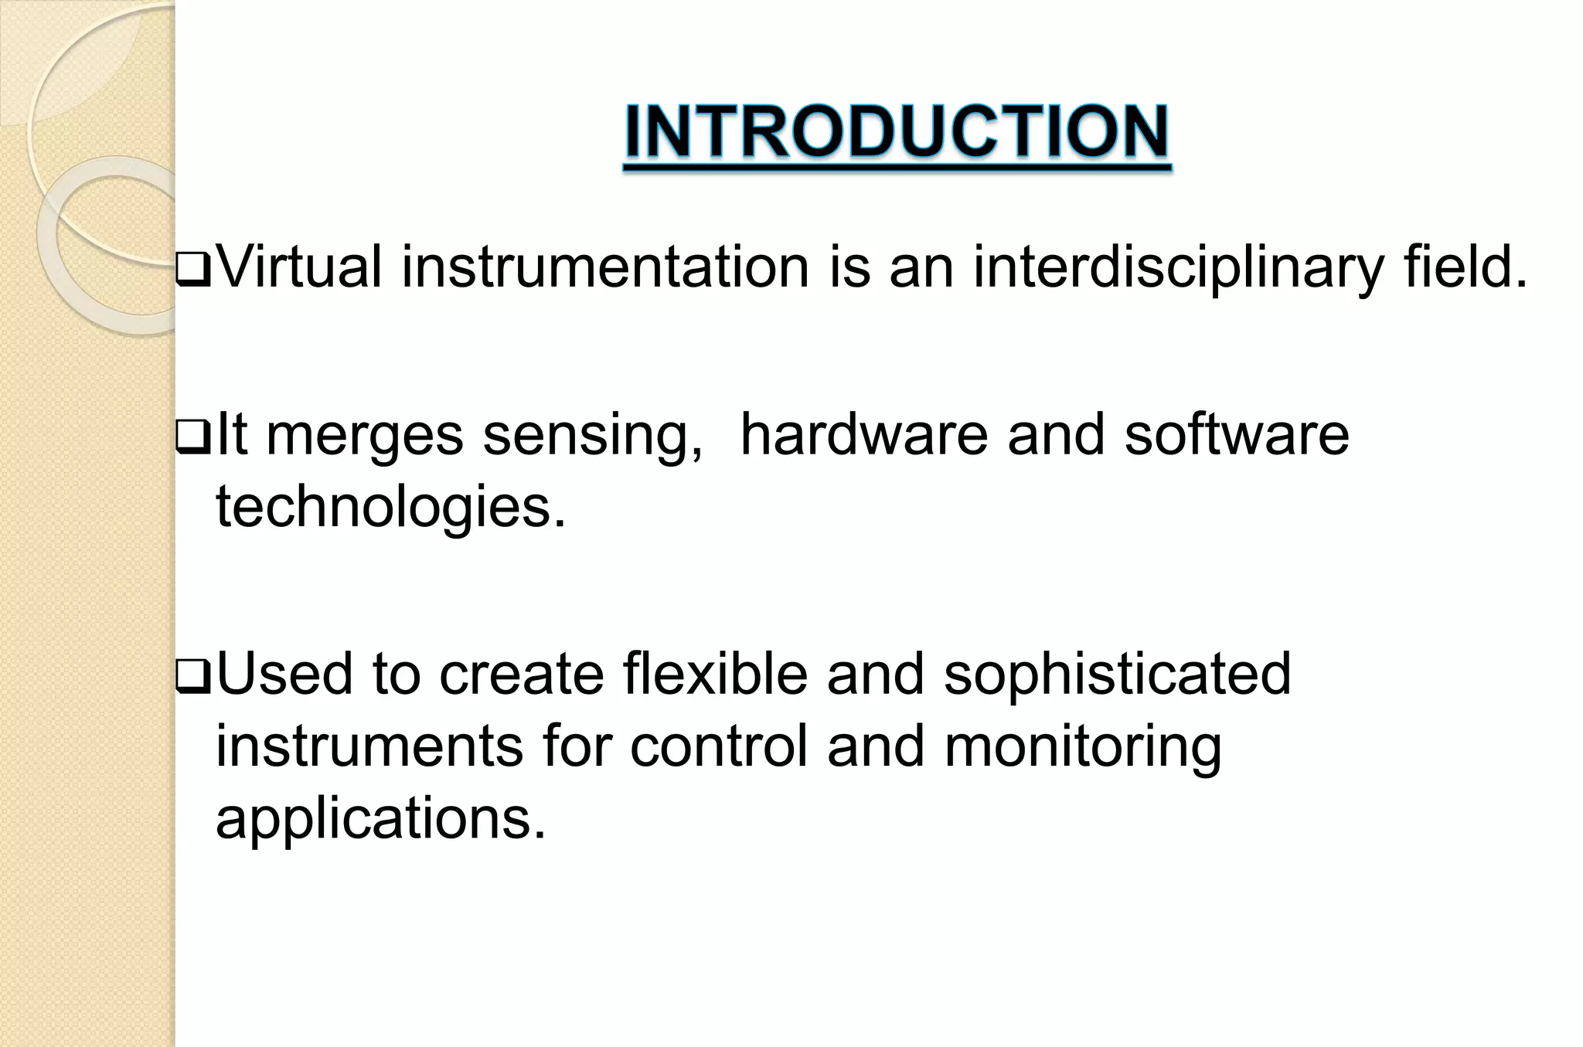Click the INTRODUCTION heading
pos(897,132)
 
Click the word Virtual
pos(299,267)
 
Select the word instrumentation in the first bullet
pos(604,267)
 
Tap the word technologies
pos(390,508)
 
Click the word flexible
pos(714,673)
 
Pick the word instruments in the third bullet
pos(369,746)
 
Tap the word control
pos(718,746)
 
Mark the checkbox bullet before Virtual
pos(193,274)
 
